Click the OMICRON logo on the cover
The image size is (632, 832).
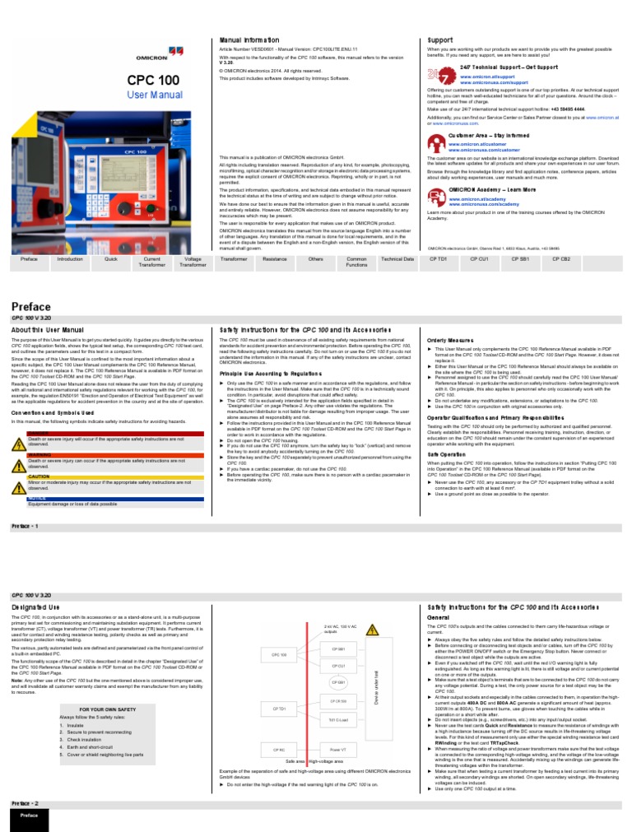click(x=155, y=58)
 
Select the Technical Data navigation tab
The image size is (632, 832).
click(x=397, y=258)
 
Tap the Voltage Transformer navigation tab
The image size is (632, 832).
click(x=194, y=262)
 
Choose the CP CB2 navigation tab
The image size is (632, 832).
click(x=560, y=258)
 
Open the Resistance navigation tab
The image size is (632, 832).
click(x=275, y=258)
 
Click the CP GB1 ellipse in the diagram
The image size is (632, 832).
click(x=338, y=682)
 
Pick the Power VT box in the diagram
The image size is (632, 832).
click(x=338, y=749)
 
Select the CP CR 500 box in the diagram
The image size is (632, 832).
click(x=338, y=700)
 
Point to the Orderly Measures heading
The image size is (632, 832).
click(x=449, y=340)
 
